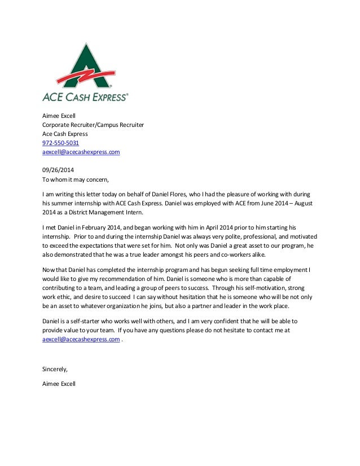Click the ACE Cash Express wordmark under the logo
[x=85, y=96]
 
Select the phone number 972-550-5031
[x=61, y=143]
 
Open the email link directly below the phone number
[x=81, y=152]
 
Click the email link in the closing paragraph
[x=81, y=340]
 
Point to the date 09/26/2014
[x=59, y=170]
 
